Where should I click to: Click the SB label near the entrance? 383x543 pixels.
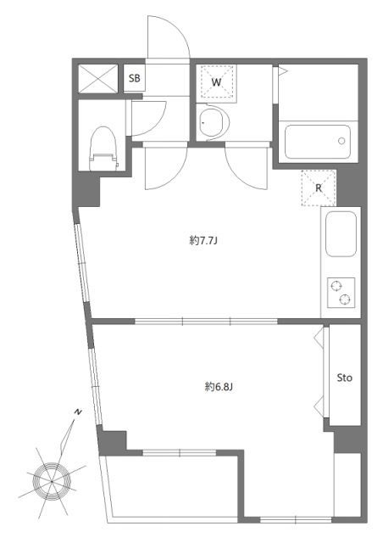pos(134,78)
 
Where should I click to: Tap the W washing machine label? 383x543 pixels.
pos(216,82)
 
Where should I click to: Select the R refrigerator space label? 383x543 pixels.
pos(319,188)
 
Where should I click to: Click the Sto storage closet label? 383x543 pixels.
pos(345,378)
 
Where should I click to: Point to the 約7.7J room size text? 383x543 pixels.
pos(203,240)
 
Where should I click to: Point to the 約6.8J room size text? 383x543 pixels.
pos(219,387)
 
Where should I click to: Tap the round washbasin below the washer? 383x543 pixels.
pos(213,122)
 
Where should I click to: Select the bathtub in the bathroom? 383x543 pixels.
pos(317,142)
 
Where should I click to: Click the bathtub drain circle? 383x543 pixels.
pos(341,141)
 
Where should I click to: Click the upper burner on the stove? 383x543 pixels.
pos(336,287)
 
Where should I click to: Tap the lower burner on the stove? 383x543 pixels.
pos(345,299)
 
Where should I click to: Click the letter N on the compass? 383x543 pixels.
pos(78,411)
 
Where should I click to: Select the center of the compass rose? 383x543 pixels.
pos(52,481)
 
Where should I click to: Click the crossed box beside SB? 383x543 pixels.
pos(98,79)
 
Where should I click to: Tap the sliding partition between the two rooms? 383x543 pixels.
pos(206,322)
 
